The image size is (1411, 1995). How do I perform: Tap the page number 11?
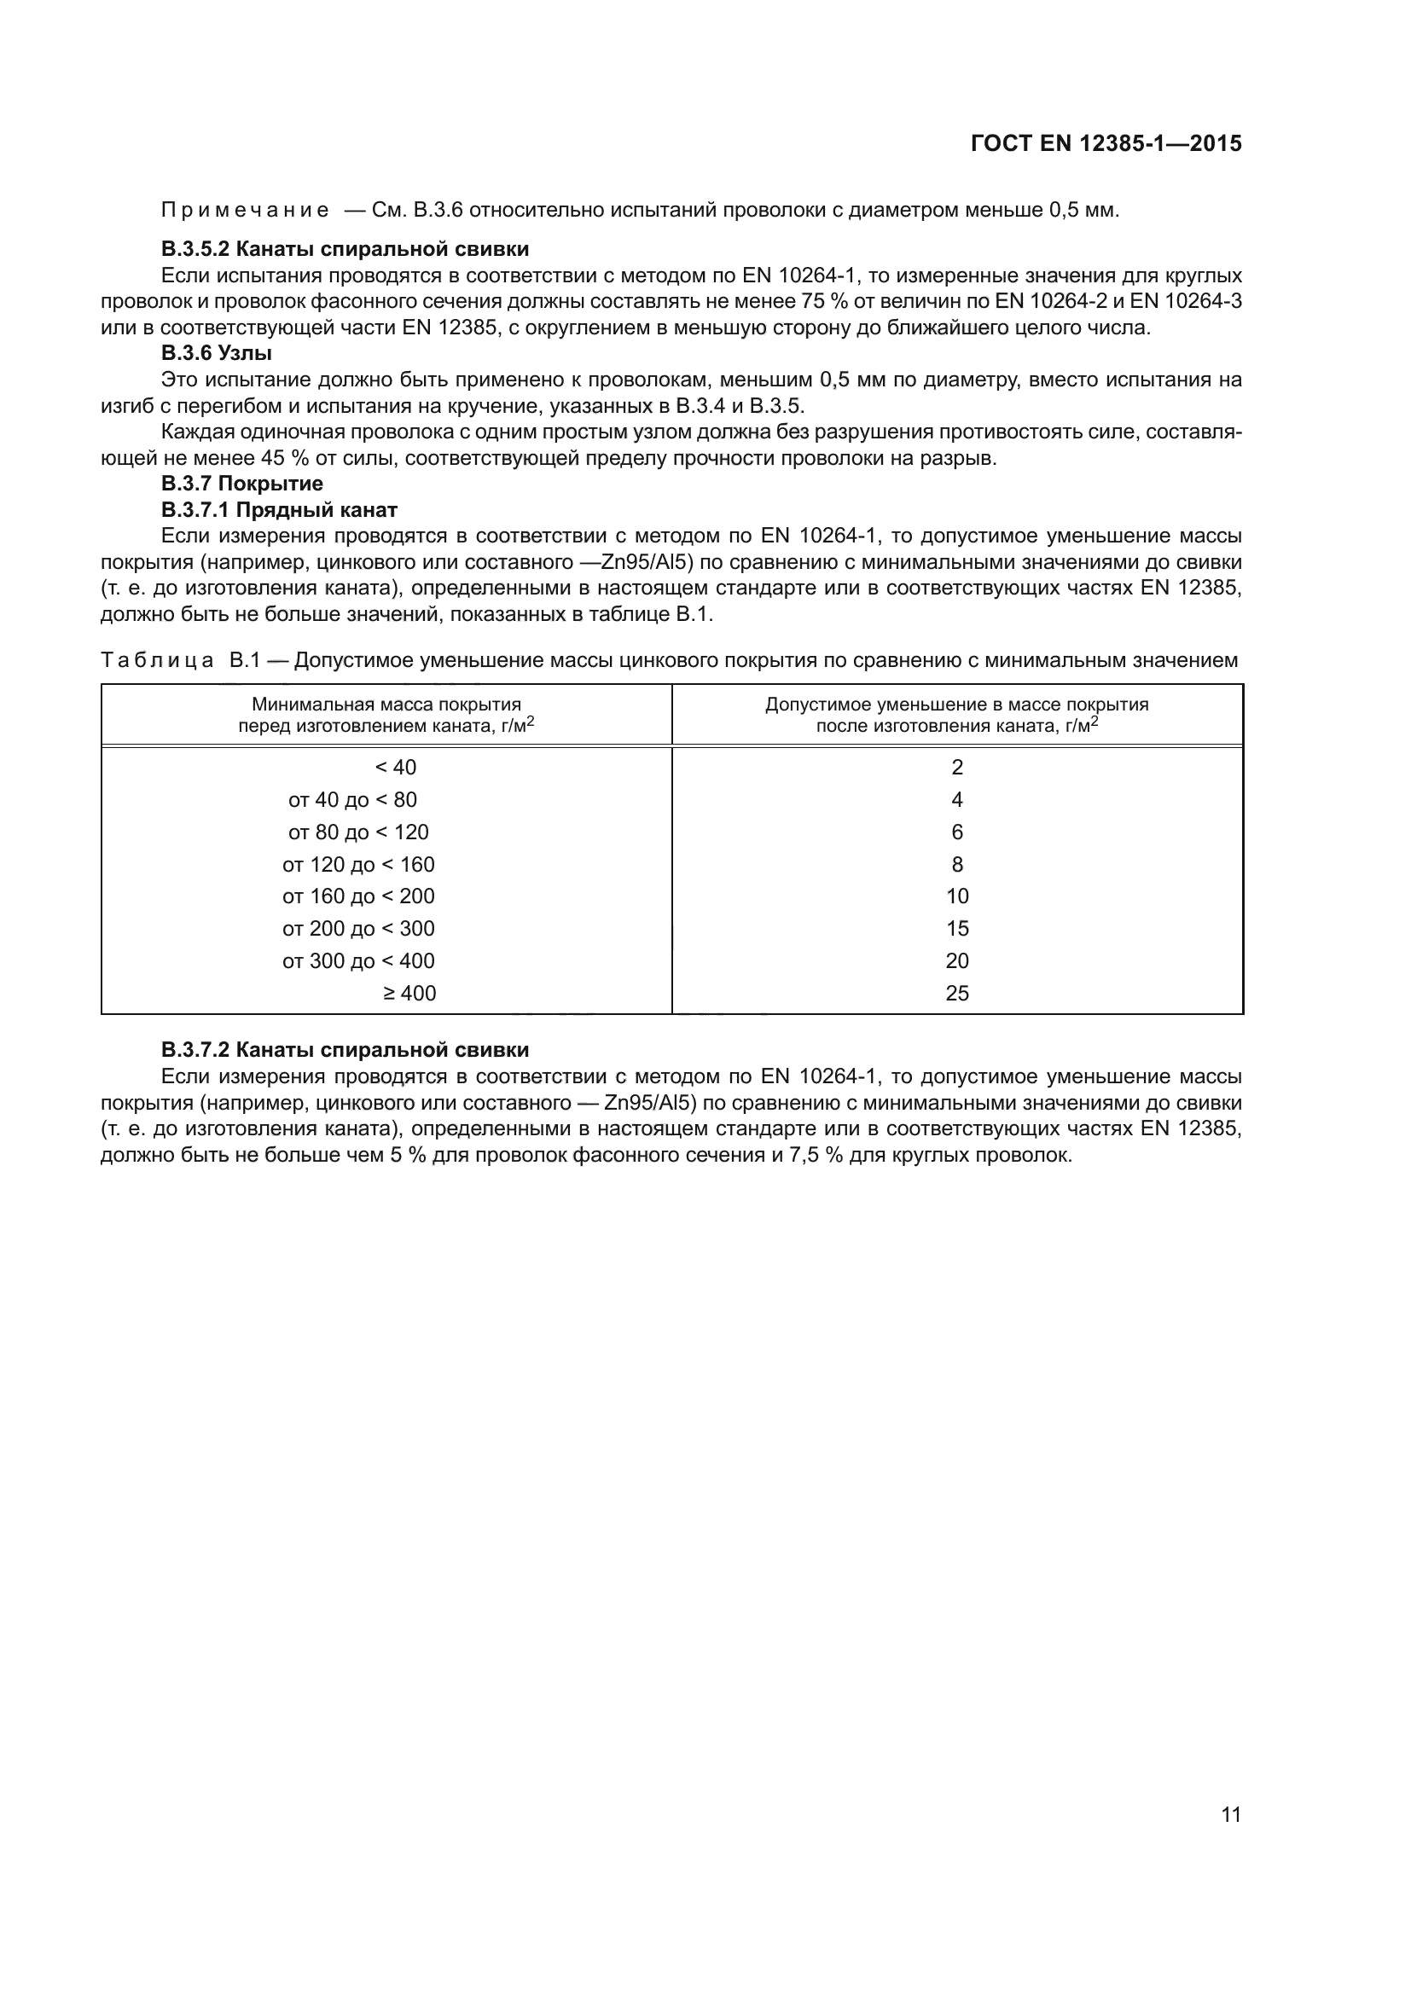coord(1230,1814)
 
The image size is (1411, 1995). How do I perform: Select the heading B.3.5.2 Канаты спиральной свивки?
coord(344,249)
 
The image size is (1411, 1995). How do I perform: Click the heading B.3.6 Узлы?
coord(217,354)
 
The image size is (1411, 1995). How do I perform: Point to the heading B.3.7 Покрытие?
coord(241,484)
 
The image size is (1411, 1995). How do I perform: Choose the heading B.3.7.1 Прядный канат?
coord(279,510)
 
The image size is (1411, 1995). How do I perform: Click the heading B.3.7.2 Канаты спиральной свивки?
coord(344,1051)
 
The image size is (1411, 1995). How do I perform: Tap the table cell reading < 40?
coord(395,768)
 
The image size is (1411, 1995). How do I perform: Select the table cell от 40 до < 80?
coord(353,799)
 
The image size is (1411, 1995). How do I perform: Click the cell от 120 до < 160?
coord(358,865)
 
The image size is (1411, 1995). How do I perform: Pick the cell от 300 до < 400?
coord(358,961)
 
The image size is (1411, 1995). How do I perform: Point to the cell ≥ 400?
coord(409,993)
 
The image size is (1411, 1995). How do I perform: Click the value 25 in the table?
coord(956,993)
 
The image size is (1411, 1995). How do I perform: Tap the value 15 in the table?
coord(956,929)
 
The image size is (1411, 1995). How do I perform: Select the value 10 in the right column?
coord(956,896)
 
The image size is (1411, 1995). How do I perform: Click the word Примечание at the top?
coord(245,211)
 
